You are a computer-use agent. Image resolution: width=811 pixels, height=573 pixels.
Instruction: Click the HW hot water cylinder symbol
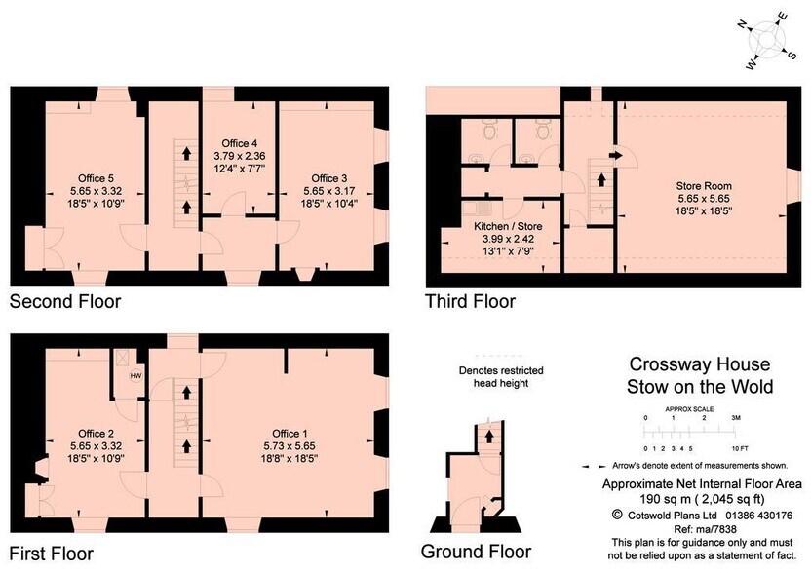click(x=135, y=375)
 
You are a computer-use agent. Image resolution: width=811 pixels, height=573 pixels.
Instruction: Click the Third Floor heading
click(x=470, y=301)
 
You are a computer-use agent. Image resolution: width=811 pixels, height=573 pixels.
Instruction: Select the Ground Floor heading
click(x=476, y=552)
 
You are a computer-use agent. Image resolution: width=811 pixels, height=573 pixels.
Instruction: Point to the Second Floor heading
click(x=65, y=301)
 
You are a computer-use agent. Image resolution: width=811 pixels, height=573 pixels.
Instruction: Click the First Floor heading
click(x=52, y=554)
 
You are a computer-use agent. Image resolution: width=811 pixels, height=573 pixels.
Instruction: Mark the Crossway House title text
click(x=699, y=364)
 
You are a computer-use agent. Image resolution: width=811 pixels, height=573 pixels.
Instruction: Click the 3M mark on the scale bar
click(x=736, y=418)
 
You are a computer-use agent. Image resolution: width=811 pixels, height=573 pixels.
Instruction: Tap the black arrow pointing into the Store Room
click(x=615, y=155)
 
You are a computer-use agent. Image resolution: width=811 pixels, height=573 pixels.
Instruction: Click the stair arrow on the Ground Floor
click(x=487, y=436)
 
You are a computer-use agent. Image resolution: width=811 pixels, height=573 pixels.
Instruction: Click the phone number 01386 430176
click(x=758, y=516)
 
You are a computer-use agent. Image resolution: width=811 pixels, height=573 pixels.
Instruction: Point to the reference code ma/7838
click(x=720, y=529)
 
